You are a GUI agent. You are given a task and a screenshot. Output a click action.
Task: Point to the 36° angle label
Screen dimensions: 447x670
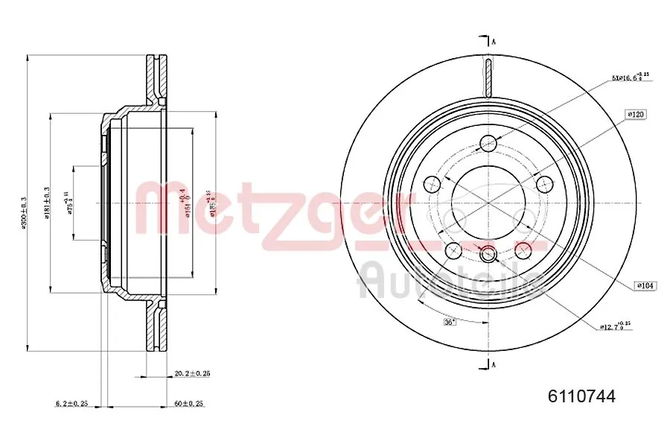click(450, 322)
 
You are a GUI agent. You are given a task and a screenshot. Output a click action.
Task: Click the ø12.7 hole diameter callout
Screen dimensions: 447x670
click(616, 326)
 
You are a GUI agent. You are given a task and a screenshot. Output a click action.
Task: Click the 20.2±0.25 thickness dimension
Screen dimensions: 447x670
click(191, 373)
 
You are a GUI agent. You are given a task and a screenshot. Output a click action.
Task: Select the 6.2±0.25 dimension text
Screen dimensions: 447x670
click(71, 403)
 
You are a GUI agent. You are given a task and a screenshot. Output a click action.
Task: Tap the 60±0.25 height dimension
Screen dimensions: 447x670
click(188, 403)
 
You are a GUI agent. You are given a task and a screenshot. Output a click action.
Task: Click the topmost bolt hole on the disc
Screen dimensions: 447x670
click(489, 143)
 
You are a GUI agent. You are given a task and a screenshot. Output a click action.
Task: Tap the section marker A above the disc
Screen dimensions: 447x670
click(492, 41)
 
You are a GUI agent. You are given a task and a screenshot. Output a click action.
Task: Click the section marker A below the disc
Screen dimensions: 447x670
click(492, 364)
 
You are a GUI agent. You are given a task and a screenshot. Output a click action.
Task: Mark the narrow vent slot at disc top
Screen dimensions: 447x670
click(488, 77)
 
